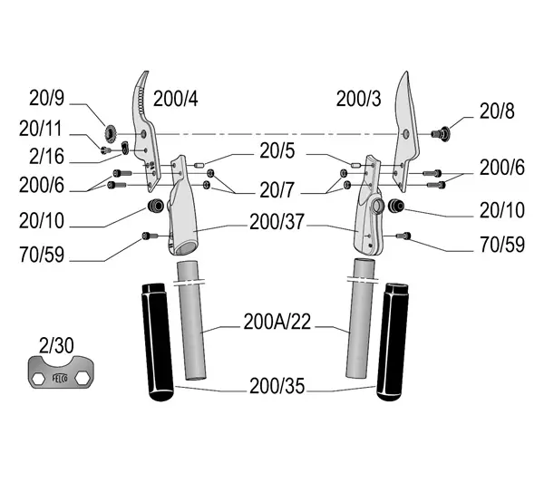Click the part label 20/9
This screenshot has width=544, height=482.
47,98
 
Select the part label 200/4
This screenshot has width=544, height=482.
176,99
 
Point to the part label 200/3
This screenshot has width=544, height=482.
358,99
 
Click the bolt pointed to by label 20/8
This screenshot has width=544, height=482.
441,133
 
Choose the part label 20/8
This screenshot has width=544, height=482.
497,111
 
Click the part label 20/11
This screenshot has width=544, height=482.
41,129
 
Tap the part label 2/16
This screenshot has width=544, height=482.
46,157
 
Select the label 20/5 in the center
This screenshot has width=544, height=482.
277,151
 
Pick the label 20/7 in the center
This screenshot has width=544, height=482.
277,190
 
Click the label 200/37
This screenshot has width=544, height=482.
277,222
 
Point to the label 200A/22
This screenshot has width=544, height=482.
277,322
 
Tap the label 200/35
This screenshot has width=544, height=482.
277,386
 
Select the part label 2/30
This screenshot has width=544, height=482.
56,346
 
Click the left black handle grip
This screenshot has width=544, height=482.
157,342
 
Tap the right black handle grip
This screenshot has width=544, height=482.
393,342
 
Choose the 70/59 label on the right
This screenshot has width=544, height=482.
502,245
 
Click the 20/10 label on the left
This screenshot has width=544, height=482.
42,221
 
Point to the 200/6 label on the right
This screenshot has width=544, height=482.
502,168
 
